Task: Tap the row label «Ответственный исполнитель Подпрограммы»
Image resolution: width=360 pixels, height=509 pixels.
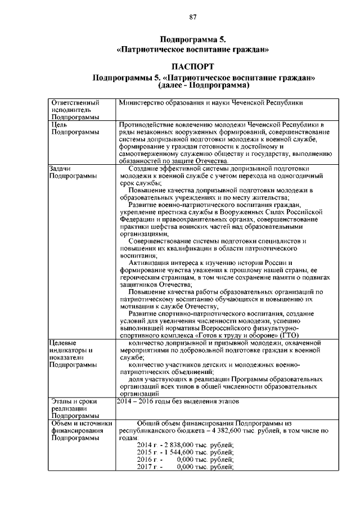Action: pyautogui.click(x=75, y=110)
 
